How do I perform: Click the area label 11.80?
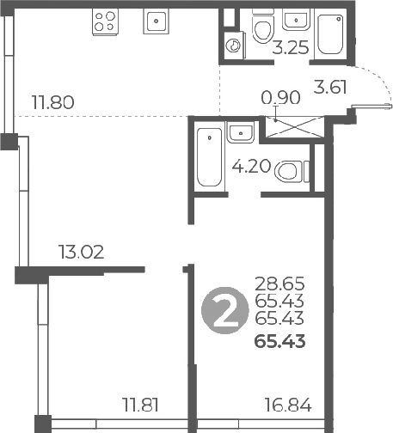tap(52, 104)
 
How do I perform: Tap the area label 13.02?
tap(82, 253)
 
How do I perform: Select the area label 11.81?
tap(140, 405)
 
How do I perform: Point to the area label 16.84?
tap(288, 405)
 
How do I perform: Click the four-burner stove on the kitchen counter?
tap(105, 21)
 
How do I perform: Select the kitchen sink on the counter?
tap(156, 21)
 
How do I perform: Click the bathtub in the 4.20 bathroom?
tap(209, 158)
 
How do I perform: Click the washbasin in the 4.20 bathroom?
tap(240, 131)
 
